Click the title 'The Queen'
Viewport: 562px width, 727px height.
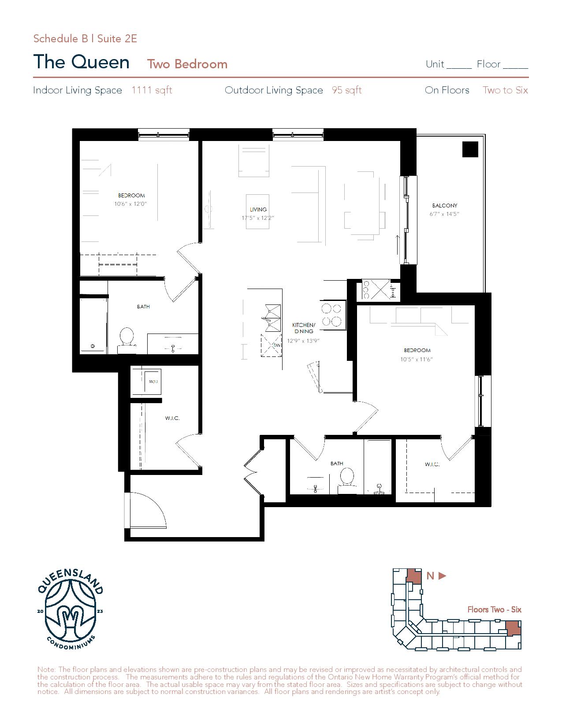[x=82, y=62]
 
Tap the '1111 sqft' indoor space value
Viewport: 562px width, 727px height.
[x=152, y=90]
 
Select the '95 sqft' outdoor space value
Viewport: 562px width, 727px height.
[x=346, y=90]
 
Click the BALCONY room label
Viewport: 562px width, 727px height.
[x=444, y=205]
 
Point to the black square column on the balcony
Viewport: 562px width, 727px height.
[x=470, y=149]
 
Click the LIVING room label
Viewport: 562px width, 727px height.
[x=258, y=209]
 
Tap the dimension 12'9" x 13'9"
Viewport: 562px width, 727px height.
[x=303, y=341]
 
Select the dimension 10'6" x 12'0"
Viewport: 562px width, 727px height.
[x=130, y=204]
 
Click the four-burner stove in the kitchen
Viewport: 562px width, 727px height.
[x=331, y=315]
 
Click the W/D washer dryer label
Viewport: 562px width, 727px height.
[x=153, y=382]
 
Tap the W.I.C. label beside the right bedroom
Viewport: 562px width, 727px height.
[x=432, y=464]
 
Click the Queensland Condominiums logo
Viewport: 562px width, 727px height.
[x=70, y=611]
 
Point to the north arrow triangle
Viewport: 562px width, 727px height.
[x=442, y=576]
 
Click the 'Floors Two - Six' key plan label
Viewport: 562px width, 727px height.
[x=495, y=609]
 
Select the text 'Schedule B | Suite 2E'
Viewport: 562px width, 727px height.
[x=86, y=39]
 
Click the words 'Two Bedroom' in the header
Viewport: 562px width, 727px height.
[x=187, y=64]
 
